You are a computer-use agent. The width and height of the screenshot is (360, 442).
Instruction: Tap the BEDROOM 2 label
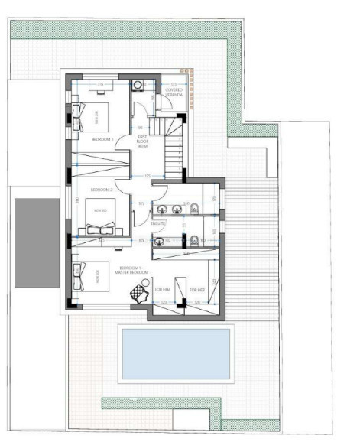pyautogui.click(x=102, y=188)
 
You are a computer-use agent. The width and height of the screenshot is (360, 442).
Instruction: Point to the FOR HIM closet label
pyautogui.click(x=162, y=290)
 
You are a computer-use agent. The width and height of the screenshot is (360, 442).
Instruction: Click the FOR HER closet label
pyautogui.click(x=197, y=290)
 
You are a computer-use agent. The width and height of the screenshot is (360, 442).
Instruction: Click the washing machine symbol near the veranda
pyautogui.click(x=138, y=85)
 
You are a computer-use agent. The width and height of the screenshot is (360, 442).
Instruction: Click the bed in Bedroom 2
pyautogui.click(x=100, y=210)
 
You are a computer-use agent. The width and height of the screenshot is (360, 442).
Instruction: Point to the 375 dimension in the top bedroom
pyautogui.click(x=100, y=84)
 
